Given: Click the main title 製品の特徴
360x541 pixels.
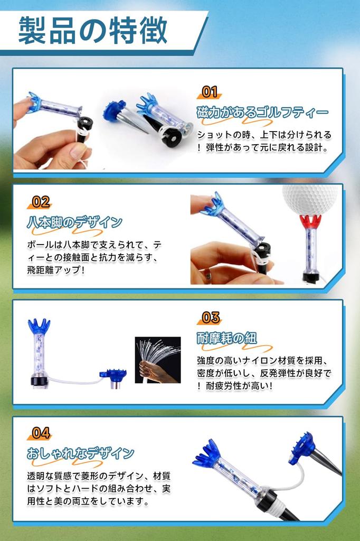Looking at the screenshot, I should coord(93,31).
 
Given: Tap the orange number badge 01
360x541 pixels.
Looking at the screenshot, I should coord(210,92).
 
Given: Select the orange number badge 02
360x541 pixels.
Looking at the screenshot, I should coord(41,202).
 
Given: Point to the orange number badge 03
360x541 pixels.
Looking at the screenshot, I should coord(211,318).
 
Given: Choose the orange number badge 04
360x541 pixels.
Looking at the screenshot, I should coord(41,433).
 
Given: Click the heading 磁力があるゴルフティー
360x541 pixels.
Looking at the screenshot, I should coord(262,113).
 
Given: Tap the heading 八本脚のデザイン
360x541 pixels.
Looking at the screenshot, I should coord(74,222).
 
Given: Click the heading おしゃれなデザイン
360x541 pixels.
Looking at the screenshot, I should coord(80,453).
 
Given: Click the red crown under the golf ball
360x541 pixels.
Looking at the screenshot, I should coord(310,221).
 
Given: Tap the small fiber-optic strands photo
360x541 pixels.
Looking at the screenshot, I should coord(157,360).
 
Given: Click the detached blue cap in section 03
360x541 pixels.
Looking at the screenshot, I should coord(113,375).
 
